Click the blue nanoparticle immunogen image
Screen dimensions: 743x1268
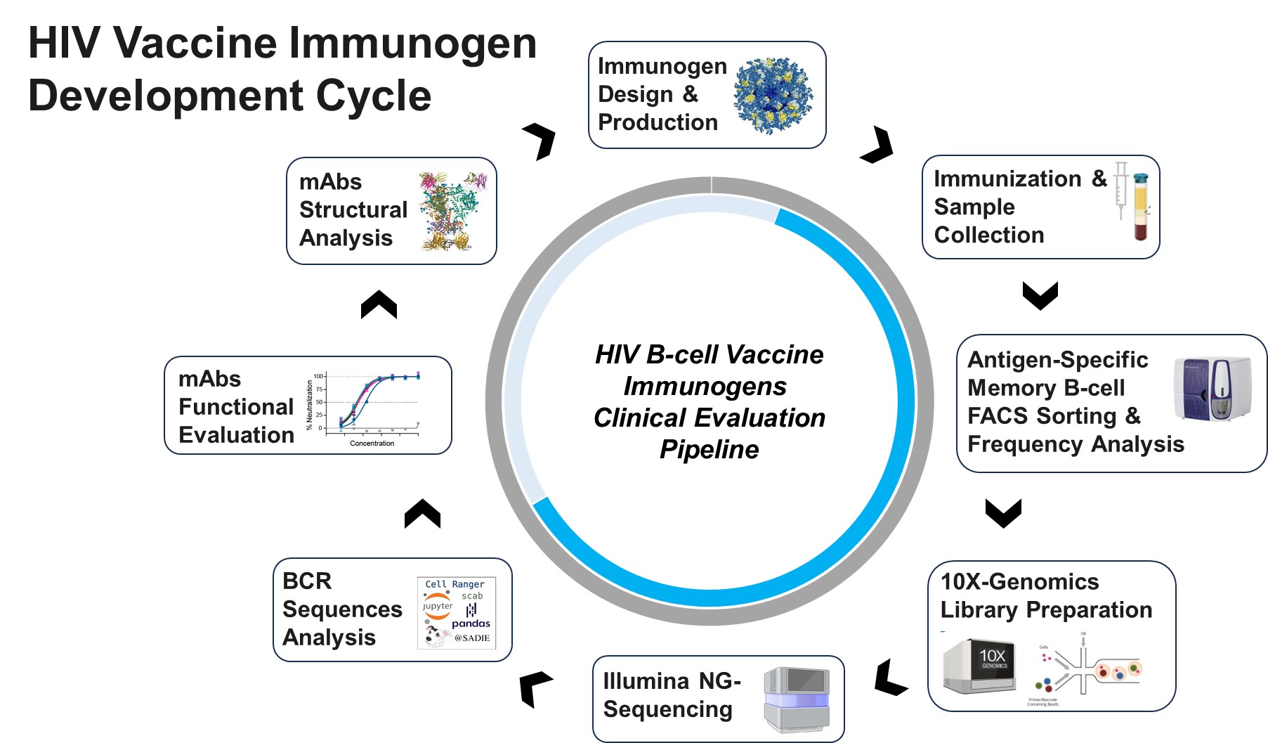pos(773,96)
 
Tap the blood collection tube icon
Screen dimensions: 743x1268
pos(1140,207)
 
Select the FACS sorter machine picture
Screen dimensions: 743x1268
pos(1212,389)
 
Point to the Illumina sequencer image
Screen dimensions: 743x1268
pos(797,699)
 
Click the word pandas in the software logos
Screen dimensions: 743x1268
pos(471,624)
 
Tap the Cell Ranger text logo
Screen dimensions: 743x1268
pos(455,584)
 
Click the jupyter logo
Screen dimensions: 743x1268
pos(437,606)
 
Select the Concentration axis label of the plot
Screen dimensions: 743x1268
pos(372,444)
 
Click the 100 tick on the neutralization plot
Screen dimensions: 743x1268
pos(318,376)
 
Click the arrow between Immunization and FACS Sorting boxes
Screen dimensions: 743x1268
pos(1040,295)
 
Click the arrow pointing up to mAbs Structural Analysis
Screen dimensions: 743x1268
pos(379,305)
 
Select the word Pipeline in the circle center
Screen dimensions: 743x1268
pos(709,450)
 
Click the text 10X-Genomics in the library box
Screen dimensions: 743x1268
pos(1019,582)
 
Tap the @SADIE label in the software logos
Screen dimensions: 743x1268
pos(472,638)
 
